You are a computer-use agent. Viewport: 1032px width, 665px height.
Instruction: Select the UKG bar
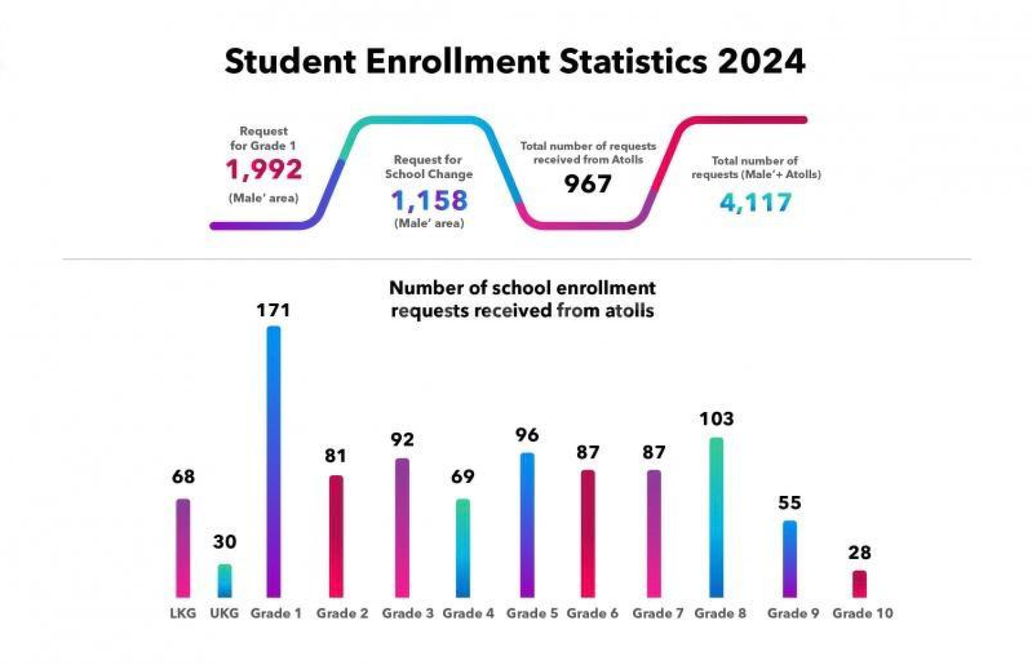224,581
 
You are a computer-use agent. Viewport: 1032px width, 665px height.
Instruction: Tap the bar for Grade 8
716,517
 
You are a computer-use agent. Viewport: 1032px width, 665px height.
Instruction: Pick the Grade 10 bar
859,584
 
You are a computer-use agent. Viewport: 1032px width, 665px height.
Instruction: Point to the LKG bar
183,548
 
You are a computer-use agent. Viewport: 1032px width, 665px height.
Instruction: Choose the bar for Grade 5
527,525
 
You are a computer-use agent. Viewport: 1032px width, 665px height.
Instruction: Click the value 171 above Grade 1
273,310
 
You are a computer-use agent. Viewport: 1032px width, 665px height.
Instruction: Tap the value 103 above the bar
716,419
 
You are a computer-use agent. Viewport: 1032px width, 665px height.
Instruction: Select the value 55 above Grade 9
790,503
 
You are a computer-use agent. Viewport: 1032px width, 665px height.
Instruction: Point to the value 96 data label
527,435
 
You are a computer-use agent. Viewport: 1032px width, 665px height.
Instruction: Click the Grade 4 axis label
468,613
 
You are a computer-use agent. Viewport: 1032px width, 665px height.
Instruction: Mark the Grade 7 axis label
658,613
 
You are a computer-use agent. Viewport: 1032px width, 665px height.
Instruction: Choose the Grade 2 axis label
342,613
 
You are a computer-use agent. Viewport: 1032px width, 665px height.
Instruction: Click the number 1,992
264,169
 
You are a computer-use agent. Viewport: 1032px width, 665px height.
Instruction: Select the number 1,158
429,200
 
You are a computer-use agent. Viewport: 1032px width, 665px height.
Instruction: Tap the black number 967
588,184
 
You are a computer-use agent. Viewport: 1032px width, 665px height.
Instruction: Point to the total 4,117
755,202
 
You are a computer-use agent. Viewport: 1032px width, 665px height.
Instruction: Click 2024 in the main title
762,61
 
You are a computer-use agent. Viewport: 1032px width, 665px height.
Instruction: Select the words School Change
429,174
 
